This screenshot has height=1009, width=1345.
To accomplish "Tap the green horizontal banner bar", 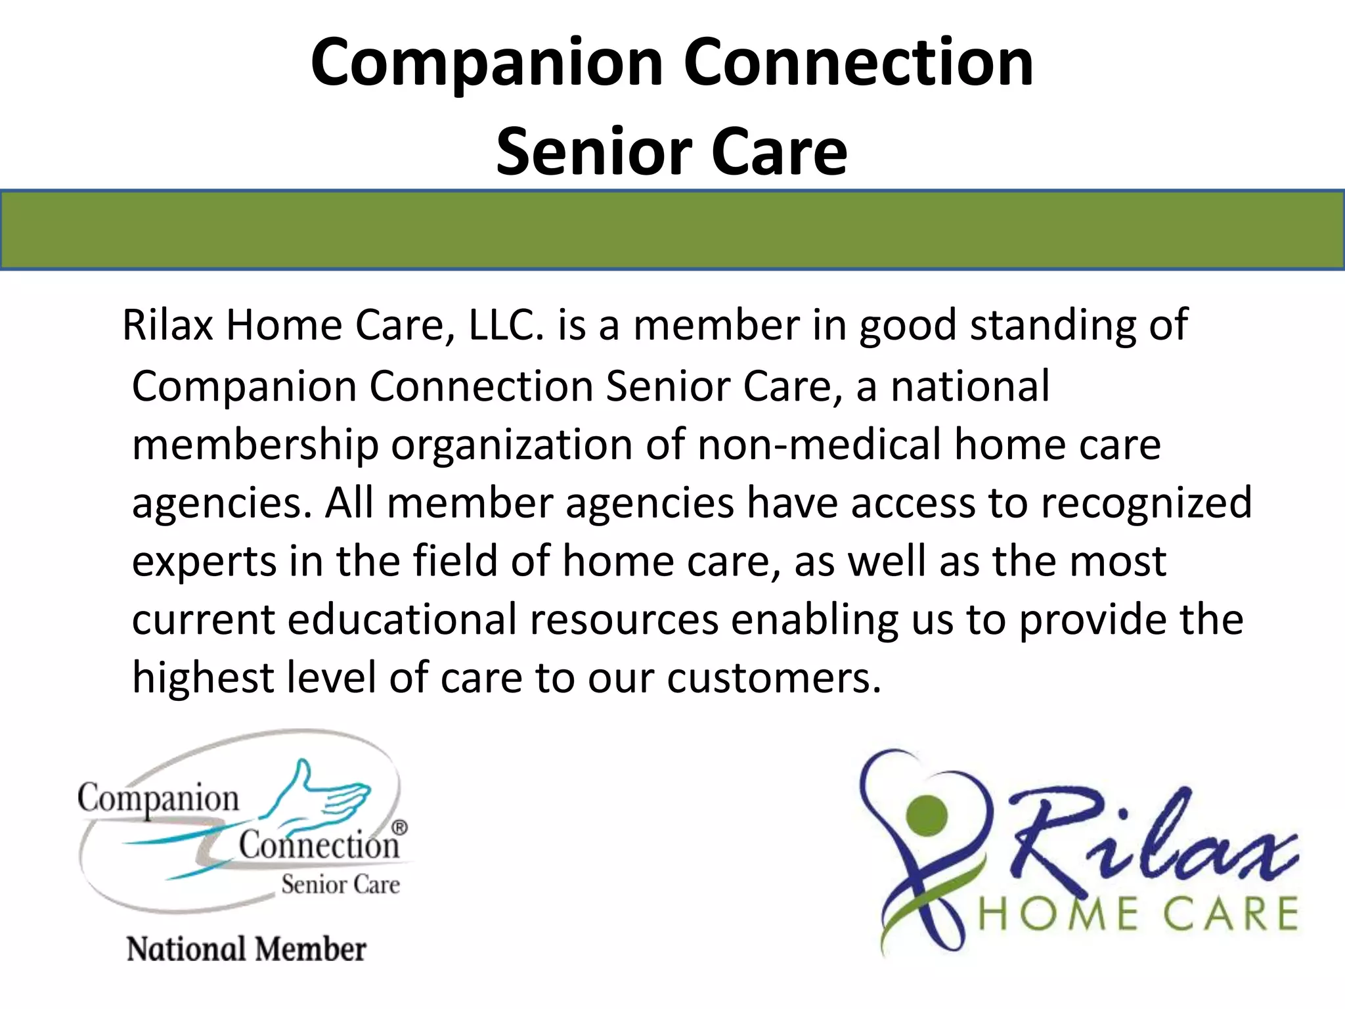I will pos(672,230).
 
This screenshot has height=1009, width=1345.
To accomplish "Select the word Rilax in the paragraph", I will pos(168,325).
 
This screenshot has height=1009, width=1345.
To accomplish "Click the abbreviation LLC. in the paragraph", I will pos(506,325).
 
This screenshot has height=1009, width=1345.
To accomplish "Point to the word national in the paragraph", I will pos(970,386).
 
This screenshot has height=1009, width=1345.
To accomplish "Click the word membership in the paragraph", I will pos(255,445).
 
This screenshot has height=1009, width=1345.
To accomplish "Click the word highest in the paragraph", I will pos(203,678).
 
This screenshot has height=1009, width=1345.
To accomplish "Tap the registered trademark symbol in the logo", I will pos(399,828).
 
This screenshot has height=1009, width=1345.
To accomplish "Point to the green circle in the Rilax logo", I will pos(927,815).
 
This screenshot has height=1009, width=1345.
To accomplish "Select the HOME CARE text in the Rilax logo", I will pos(1137,914).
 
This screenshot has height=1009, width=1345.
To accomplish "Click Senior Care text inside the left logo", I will pos(340,885).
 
